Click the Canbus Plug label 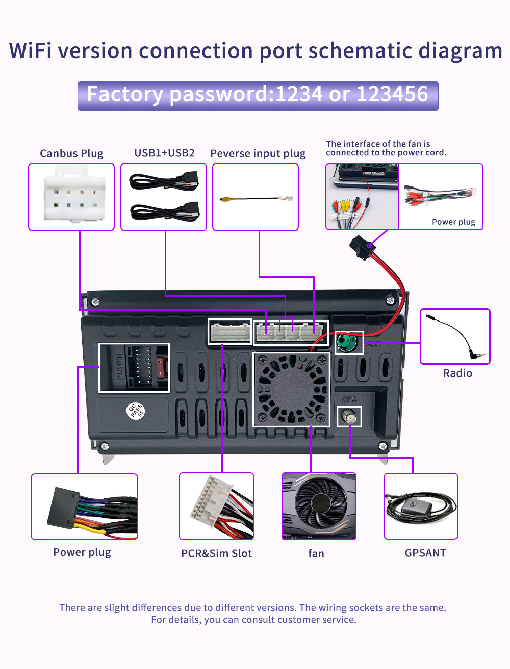pos(71,153)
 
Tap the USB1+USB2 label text pos(164,153)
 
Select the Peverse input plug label pos(258,153)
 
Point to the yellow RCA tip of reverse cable pos(223,200)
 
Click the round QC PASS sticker pos(136,411)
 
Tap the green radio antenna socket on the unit pos(348,342)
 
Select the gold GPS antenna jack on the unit pos(350,417)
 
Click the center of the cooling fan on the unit pos(291,389)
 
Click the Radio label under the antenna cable pos(457,373)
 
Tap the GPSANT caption pos(425,553)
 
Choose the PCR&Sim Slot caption pos(216,553)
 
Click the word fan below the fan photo pos(316,553)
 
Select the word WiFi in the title pos(34,51)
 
